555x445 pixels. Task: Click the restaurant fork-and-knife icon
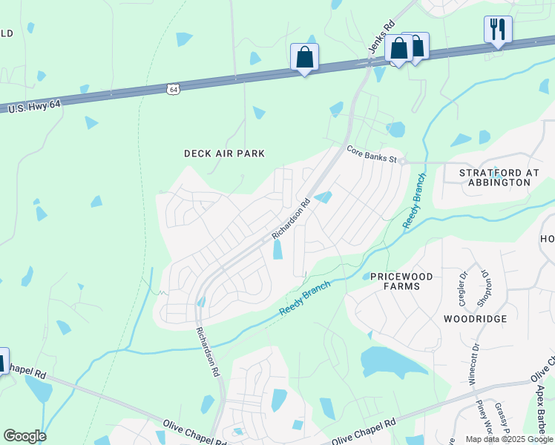point(497,30)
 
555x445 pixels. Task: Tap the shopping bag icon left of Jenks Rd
point(304,56)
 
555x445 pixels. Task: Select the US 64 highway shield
point(173,89)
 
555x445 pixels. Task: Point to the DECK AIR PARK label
point(224,154)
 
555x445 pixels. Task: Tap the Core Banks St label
point(373,154)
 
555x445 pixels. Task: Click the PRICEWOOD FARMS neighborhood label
point(401,280)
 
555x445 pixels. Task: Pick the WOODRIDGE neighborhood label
point(475,319)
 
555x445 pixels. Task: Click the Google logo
point(24,436)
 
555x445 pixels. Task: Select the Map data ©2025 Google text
point(509,439)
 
